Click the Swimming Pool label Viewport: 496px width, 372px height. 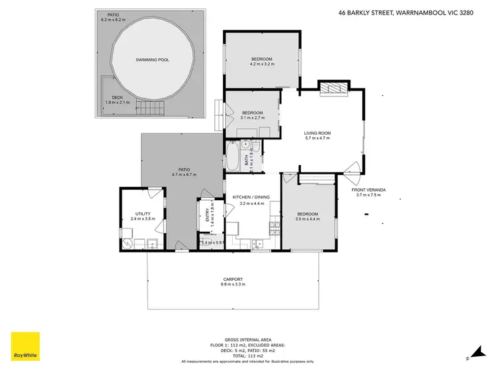tap(152, 59)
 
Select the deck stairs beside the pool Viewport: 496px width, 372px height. tap(153, 108)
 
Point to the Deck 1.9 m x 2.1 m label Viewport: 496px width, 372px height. tap(117, 100)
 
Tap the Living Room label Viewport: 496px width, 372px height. tap(317, 133)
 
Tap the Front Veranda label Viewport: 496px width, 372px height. tap(370, 190)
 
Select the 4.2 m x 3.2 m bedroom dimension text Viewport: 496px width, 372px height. tap(261, 65)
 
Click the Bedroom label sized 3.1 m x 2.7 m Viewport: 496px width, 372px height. tap(253, 112)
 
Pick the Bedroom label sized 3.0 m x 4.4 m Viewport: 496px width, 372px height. tap(308, 214)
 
